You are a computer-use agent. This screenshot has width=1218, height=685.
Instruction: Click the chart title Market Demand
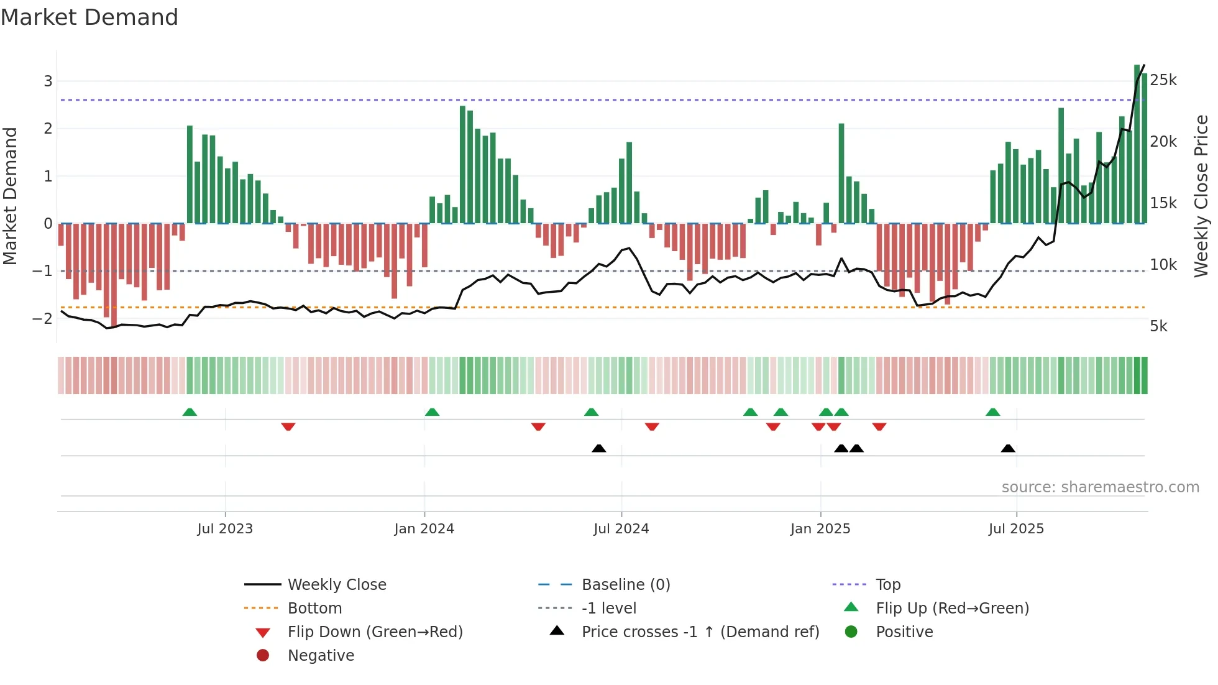tap(89, 17)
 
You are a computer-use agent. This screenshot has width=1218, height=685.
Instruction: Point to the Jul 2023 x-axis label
tap(225, 529)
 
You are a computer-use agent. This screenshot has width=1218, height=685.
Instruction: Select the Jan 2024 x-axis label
tap(424, 529)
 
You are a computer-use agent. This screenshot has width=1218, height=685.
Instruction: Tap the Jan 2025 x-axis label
tap(820, 529)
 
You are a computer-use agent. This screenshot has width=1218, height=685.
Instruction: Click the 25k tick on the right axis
tap(1163, 80)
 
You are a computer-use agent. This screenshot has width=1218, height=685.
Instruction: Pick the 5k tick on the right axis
tap(1158, 326)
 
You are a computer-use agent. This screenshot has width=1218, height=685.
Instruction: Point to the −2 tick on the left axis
tap(42, 318)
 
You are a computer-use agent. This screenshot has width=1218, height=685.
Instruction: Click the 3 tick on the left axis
tap(48, 81)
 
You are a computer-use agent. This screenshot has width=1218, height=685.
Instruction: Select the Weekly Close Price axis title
tap(1201, 196)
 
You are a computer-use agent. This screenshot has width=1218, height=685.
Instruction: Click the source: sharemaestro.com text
tap(1100, 487)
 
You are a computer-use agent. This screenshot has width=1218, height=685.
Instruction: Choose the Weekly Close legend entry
tap(337, 585)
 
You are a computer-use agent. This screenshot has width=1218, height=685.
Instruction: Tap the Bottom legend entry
tap(314, 609)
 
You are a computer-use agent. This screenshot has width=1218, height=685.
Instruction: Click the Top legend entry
tap(888, 585)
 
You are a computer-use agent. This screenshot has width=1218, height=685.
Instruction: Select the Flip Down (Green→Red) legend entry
tap(375, 632)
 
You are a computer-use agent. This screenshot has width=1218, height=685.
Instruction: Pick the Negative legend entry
tap(321, 656)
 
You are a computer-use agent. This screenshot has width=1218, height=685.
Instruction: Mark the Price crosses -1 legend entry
tap(700, 632)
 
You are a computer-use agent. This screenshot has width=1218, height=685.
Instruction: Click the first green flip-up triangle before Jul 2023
tap(190, 412)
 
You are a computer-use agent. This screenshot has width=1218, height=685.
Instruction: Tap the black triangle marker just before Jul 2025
tap(1008, 449)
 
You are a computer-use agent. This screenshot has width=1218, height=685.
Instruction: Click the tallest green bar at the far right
tap(1137, 143)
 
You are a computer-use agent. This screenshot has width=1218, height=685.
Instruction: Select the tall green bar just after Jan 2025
tap(841, 174)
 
